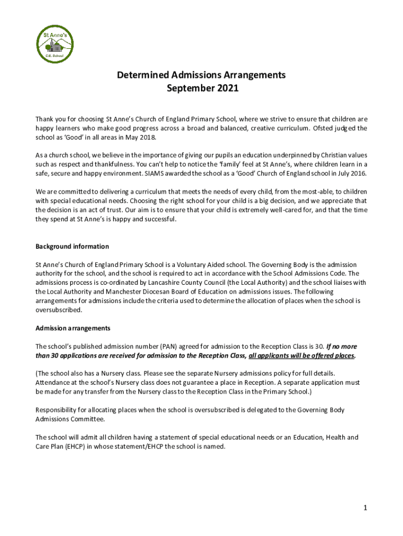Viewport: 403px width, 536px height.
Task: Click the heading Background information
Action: [x=72, y=247]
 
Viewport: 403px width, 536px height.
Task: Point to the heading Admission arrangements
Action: [x=73, y=328]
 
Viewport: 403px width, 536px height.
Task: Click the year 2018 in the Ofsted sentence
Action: [x=147, y=138]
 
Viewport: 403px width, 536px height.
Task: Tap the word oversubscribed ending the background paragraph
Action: [x=58, y=310]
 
